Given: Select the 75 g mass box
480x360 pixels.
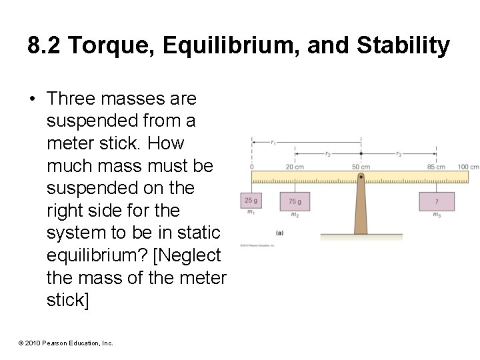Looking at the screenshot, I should pyautogui.click(x=295, y=201).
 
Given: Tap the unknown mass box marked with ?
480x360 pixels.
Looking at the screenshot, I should pyautogui.click(x=437, y=201).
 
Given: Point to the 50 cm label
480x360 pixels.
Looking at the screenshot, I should pyautogui.click(x=361, y=167).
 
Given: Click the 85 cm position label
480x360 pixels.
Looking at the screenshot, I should pyautogui.click(x=437, y=167).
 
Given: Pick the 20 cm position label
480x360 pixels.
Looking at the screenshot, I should pyautogui.click(x=295, y=167).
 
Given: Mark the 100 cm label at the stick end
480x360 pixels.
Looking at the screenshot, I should pyautogui.click(x=469, y=167).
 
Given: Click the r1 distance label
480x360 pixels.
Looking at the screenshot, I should pyautogui.click(x=273, y=142).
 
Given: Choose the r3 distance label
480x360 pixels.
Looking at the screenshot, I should pyautogui.click(x=399, y=154).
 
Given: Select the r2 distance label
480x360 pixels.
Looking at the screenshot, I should pyautogui.click(x=327, y=154).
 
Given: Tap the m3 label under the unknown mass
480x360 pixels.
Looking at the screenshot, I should pyautogui.click(x=437, y=215).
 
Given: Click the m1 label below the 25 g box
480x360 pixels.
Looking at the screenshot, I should pyautogui.click(x=251, y=213).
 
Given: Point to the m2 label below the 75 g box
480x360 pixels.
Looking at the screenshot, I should pyautogui.click(x=295, y=215).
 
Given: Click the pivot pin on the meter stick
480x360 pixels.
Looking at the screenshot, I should pyautogui.click(x=361, y=177).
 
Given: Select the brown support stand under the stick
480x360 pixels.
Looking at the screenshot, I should pyautogui.click(x=361, y=210).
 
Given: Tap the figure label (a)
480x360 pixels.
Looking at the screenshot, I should pyautogui.click(x=279, y=233).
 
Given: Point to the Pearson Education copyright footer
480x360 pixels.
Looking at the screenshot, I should pyautogui.click(x=66, y=343).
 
